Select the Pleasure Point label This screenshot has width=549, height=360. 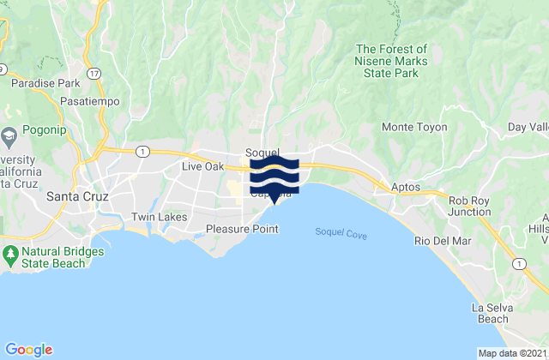click(x=242, y=229)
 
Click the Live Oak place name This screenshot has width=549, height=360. click(x=202, y=166)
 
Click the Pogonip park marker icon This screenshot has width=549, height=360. click(x=9, y=135)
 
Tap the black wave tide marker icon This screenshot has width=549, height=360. click(x=274, y=176)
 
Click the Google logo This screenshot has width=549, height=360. click(x=28, y=349)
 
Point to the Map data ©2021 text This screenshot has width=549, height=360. click(x=510, y=353)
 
